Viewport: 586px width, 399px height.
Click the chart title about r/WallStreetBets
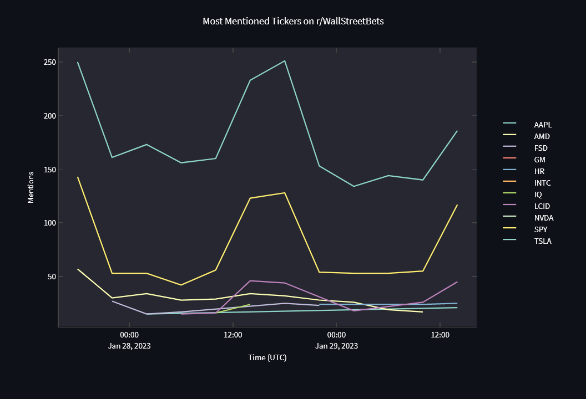click(293, 22)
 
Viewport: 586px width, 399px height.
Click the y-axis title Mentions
click(31, 187)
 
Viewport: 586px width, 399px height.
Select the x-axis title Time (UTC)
click(267, 358)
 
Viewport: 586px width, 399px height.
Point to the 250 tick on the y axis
click(50, 62)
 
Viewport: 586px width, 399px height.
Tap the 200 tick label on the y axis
click(50, 116)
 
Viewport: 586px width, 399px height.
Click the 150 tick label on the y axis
click(50, 170)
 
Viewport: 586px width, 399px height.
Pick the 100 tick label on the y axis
click(50, 223)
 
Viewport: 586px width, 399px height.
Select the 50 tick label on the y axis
click(52, 277)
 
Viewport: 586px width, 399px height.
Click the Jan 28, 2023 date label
click(129, 346)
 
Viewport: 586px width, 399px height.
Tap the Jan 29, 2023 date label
click(336, 346)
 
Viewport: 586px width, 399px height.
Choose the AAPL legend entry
click(543, 125)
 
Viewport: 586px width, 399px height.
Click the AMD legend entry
click(542, 136)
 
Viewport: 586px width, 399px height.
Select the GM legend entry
click(539, 160)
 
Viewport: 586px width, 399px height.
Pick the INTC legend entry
click(542, 183)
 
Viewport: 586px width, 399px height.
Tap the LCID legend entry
click(542, 206)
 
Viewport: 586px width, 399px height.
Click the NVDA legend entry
click(543, 218)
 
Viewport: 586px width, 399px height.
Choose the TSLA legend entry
click(542, 241)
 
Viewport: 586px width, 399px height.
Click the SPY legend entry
click(541, 229)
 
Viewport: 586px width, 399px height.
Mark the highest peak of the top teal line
click(285, 61)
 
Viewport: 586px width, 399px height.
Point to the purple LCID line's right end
click(457, 282)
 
